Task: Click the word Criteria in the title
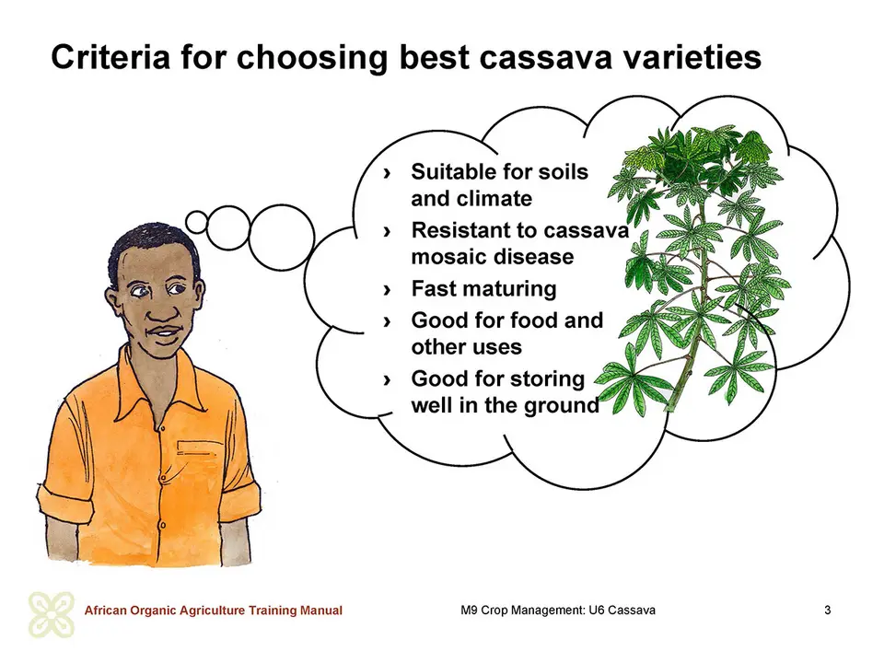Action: pos(110,57)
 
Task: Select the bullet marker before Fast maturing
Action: pos(387,289)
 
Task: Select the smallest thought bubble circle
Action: pos(197,222)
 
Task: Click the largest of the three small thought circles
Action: pos(282,237)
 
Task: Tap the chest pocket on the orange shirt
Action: pos(195,448)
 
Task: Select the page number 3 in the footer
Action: pos(828,610)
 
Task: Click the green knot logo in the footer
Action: pos(52,614)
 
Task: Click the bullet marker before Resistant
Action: pos(387,231)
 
